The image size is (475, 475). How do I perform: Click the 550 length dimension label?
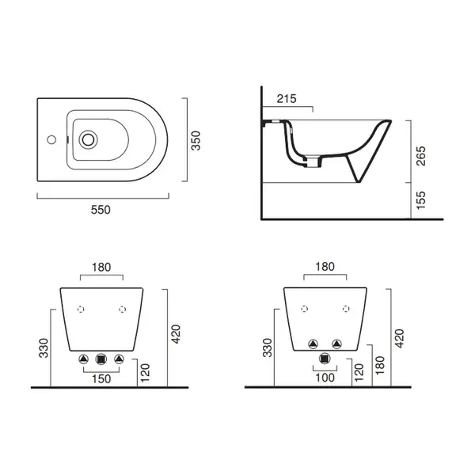pos(101,210)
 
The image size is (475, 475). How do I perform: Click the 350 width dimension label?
pos(196,141)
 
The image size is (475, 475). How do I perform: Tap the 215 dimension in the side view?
pos(287,98)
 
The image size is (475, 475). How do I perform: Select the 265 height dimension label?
pos(421,156)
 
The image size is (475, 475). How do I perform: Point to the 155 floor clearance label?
pos(421,200)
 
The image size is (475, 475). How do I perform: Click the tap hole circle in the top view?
pos(51,139)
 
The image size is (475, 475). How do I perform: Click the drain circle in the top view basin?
pos(88,139)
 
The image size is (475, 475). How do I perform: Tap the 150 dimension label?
pos(101,378)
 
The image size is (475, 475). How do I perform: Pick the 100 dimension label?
pos(325,378)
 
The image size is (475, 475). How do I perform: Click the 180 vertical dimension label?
pos(379,365)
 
